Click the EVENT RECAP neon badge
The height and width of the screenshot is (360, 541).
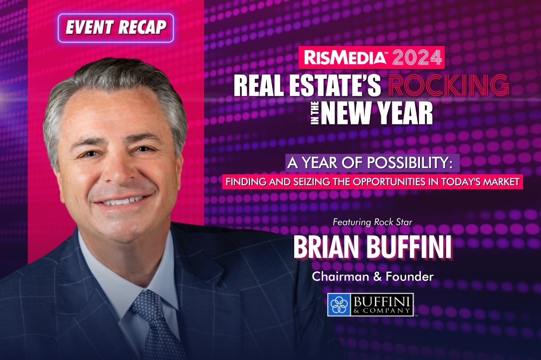116,28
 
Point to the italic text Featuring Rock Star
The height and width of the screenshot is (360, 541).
372,222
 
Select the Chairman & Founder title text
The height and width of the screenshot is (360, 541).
373,276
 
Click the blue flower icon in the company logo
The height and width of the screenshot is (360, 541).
338,304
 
